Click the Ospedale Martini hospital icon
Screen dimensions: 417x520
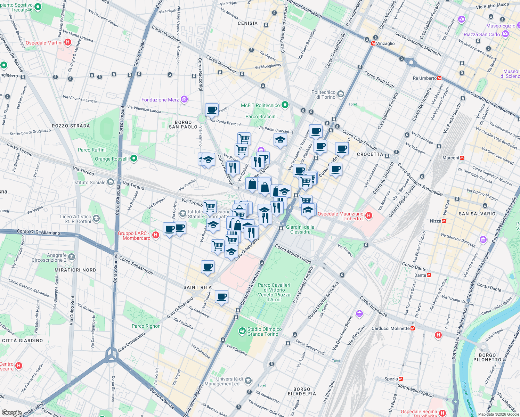click(68, 42)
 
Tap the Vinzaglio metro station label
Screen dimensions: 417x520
click(385, 43)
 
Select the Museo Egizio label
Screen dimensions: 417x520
click(501, 26)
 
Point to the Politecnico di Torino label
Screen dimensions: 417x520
click(323, 95)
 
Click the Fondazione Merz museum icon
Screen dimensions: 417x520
click(184, 100)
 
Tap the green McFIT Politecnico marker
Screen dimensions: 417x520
click(285, 105)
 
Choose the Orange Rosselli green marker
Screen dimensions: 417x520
click(134, 159)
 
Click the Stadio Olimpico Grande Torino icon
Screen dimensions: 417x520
click(242, 332)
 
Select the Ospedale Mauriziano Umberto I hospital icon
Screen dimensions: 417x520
click(369, 216)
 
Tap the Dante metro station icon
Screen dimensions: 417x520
click(429, 275)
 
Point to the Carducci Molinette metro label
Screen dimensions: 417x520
click(390, 328)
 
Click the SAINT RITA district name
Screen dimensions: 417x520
click(197, 287)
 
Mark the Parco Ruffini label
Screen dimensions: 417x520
click(91, 150)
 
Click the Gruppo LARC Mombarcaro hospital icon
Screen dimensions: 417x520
click(156, 235)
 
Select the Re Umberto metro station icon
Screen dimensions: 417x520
click(439, 78)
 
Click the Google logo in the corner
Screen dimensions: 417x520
click(11, 412)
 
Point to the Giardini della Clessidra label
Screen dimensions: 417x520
click(300, 229)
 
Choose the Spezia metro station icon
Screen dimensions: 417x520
click(401, 379)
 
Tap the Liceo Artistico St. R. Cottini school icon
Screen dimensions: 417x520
click(96, 219)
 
